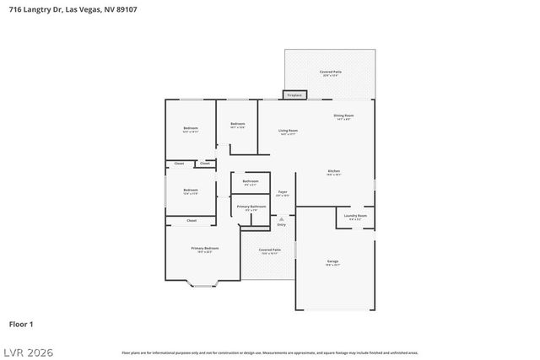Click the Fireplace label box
(x=294, y=95)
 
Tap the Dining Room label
(x=343, y=116)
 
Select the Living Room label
(x=289, y=131)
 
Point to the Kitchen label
(x=334, y=172)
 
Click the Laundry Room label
(x=355, y=217)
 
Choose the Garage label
(x=332, y=262)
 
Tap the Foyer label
(x=283, y=193)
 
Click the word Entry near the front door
(x=282, y=224)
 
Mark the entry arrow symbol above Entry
(x=282, y=218)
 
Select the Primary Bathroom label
(x=251, y=207)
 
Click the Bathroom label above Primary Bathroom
(x=251, y=181)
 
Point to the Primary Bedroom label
(x=205, y=249)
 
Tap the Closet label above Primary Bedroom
(x=192, y=221)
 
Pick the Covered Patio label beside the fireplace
(x=330, y=73)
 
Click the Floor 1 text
(x=21, y=324)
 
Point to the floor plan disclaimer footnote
(x=269, y=352)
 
